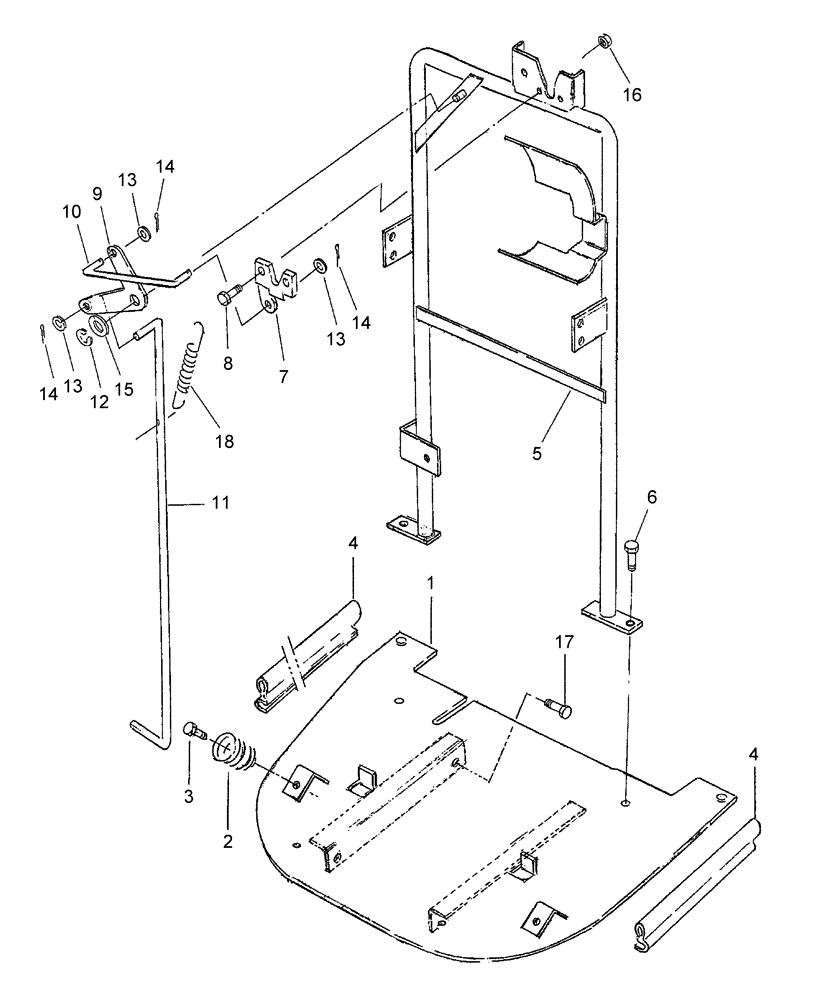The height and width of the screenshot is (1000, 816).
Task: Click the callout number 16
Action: click(632, 95)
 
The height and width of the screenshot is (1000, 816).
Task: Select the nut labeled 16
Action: click(605, 42)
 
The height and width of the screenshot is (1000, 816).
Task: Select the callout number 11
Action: click(219, 503)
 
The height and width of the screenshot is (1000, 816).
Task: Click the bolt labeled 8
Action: click(229, 297)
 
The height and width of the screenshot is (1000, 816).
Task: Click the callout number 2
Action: click(227, 842)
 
